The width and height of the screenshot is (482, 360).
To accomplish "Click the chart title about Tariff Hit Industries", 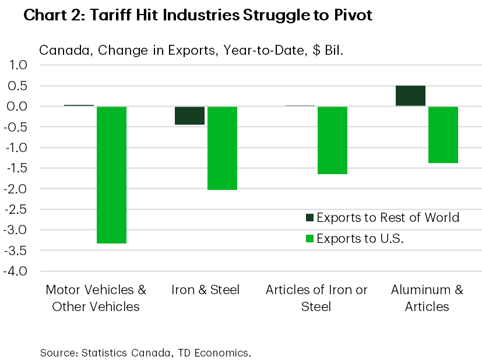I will click(x=198, y=16).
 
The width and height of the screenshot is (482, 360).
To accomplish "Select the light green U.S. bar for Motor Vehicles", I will click(x=111, y=175).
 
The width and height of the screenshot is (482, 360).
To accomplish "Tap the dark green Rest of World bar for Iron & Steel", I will click(x=189, y=115).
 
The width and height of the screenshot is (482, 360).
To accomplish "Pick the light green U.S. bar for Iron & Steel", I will click(x=222, y=148).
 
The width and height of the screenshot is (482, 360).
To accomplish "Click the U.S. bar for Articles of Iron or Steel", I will click(x=332, y=140).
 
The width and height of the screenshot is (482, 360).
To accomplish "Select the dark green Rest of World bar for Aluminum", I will click(x=410, y=96).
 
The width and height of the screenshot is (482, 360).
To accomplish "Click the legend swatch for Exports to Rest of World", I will click(x=309, y=218).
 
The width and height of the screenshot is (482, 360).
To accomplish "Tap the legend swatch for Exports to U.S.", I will click(x=309, y=238).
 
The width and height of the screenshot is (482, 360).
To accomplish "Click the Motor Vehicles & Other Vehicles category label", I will click(x=96, y=298).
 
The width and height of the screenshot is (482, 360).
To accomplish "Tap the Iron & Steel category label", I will click(x=206, y=290).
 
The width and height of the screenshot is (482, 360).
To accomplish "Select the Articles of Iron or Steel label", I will click(x=316, y=298).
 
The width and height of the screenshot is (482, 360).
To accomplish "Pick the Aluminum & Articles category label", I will click(x=427, y=298).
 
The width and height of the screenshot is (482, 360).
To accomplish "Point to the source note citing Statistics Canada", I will click(x=145, y=352).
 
